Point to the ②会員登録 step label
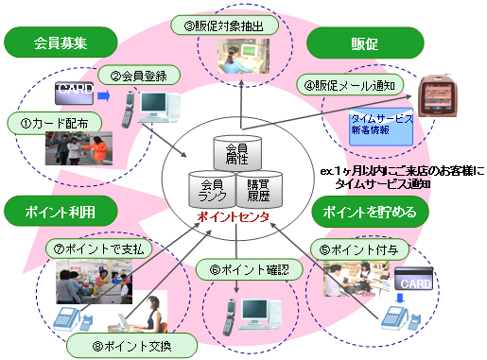[139, 76]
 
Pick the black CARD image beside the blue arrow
[73, 93]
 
